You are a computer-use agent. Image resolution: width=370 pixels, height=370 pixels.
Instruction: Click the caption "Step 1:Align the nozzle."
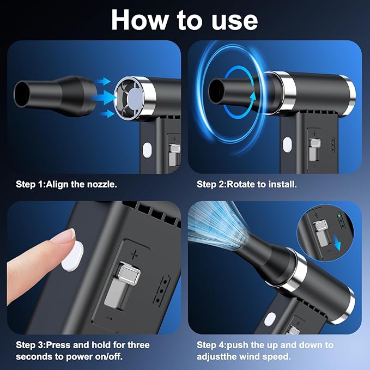pos(66,184)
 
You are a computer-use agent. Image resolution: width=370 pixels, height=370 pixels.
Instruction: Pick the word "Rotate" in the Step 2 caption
pos(241,184)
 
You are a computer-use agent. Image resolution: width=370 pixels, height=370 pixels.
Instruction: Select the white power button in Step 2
pos(287,144)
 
